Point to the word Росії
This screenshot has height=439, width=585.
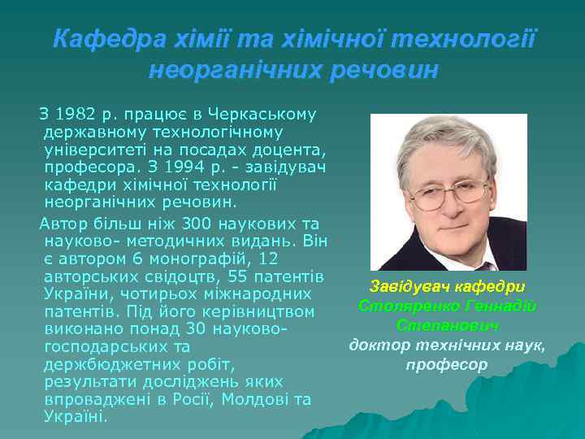pos(192,399)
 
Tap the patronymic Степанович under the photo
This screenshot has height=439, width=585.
pos(448,325)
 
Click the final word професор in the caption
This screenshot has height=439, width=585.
pos(448,365)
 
